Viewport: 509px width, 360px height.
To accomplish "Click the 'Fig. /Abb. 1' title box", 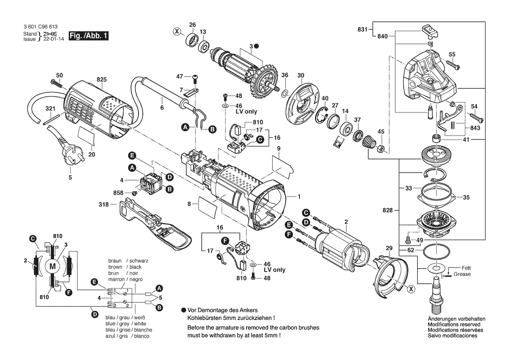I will [88, 36].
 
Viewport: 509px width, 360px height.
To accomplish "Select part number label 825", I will [101, 80].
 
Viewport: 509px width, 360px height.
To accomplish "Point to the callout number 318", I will [103, 203].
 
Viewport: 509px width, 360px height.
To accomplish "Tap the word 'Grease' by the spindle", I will [462, 274].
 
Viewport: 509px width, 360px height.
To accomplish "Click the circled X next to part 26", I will [176, 31].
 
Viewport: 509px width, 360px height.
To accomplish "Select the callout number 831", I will [362, 30].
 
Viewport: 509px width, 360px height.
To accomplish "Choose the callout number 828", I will [388, 210].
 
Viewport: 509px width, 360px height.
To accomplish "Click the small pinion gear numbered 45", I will [380, 148].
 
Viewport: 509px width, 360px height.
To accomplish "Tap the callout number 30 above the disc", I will [300, 75].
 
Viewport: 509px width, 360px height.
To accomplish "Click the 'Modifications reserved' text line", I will [454, 325].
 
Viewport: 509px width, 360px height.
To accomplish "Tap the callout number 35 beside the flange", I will [466, 197].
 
